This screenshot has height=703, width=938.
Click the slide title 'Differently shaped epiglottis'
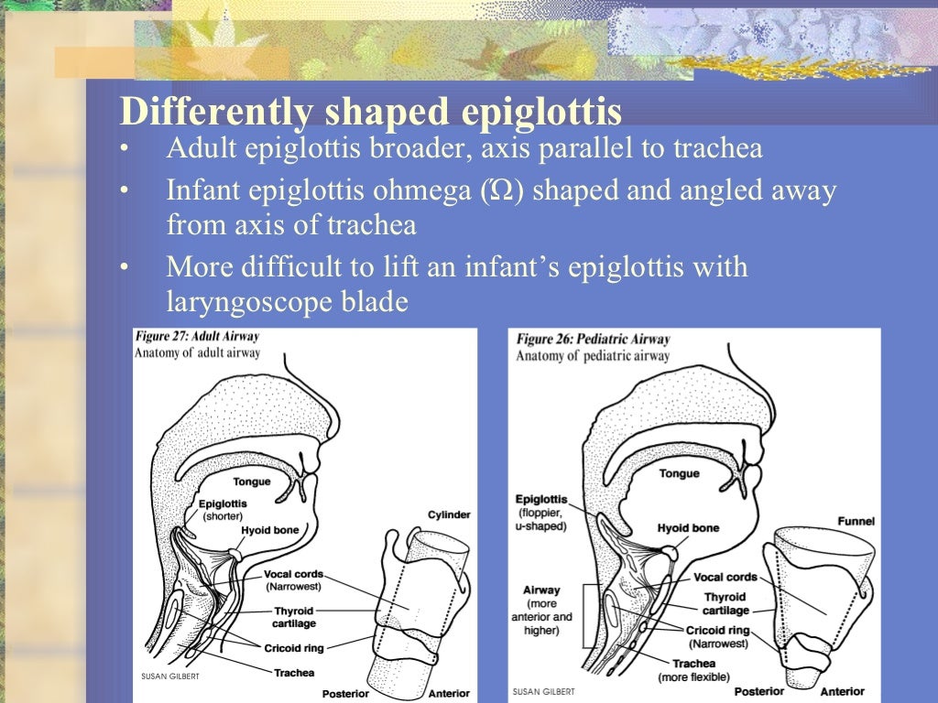coord(371,112)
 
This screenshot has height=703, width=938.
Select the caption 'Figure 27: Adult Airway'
coord(197,336)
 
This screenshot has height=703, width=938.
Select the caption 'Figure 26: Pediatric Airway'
coord(593,340)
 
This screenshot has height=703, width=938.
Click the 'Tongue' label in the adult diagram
coord(252,481)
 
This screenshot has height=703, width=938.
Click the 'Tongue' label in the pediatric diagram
coord(679,473)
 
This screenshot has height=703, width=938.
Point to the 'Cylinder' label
coord(449,515)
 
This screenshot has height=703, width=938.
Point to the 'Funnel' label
coord(856,521)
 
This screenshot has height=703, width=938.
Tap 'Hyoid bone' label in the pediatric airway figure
coord(688,528)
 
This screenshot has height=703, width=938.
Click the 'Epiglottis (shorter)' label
coord(222,509)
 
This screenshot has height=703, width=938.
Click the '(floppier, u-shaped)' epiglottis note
coord(541,519)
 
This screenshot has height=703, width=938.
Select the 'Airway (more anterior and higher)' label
coord(541,610)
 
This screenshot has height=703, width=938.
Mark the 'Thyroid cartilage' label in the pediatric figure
coord(725,603)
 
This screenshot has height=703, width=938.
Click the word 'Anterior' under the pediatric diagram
coord(842,691)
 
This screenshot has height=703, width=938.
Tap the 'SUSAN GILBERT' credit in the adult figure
coord(169,677)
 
